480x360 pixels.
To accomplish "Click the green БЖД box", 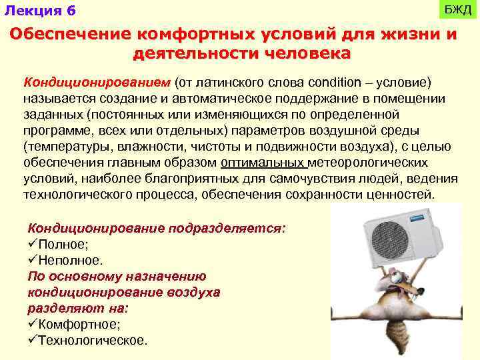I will coord(458,11).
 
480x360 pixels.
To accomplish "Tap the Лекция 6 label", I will coord(40,11).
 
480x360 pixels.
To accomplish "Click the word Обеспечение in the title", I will coord(71,35).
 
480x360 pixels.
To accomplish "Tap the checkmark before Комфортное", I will coord(33,325).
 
